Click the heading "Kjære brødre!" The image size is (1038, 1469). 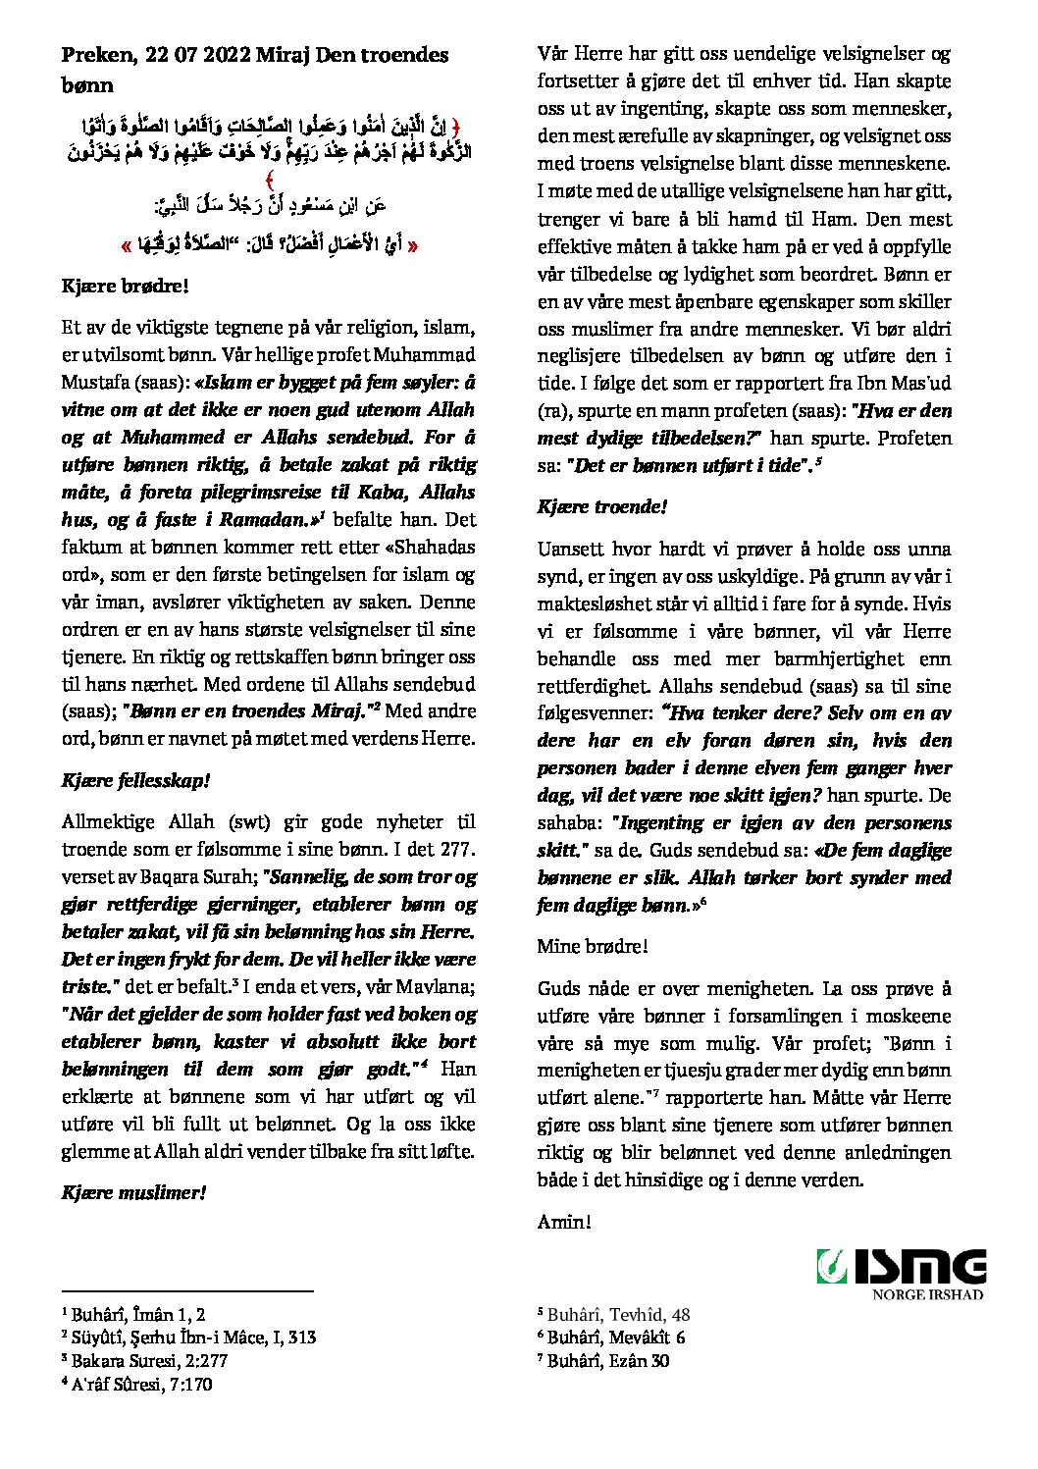pyautogui.click(x=125, y=287)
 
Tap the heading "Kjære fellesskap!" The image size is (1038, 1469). pyautogui.click(x=136, y=781)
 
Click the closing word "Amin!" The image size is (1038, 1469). pyautogui.click(x=564, y=1222)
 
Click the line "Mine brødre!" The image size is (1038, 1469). pyautogui.click(x=593, y=946)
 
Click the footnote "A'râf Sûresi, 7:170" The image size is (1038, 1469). pyautogui.click(x=141, y=1384)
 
